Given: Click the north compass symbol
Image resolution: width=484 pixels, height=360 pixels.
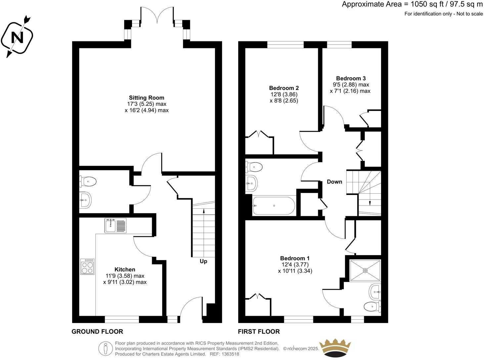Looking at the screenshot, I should [17, 37].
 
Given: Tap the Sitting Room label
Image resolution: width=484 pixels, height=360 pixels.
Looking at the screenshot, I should [146, 98].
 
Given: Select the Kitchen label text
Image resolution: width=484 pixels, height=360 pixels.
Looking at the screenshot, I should [125, 269].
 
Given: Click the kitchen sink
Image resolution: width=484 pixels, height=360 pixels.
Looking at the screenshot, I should [115, 225].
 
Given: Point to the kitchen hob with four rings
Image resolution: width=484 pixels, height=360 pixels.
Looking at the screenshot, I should [87, 267].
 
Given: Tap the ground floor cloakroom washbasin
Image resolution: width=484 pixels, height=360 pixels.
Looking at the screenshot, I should [85, 200].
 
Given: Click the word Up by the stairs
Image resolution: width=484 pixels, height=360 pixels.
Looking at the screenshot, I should [203, 261].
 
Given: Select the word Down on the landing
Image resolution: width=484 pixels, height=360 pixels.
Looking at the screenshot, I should [334, 182].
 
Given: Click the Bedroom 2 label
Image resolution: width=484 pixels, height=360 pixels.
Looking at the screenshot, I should [284, 88].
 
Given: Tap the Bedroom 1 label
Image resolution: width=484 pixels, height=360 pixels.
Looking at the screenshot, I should [295, 258].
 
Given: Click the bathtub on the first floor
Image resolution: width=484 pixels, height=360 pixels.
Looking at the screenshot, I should [274, 206].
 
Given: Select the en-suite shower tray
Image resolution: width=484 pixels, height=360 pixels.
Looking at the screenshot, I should [365, 270].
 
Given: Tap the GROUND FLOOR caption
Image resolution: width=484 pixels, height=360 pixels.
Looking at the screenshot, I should [97, 332].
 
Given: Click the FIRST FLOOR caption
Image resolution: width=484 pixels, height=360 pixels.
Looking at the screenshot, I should [259, 332].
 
